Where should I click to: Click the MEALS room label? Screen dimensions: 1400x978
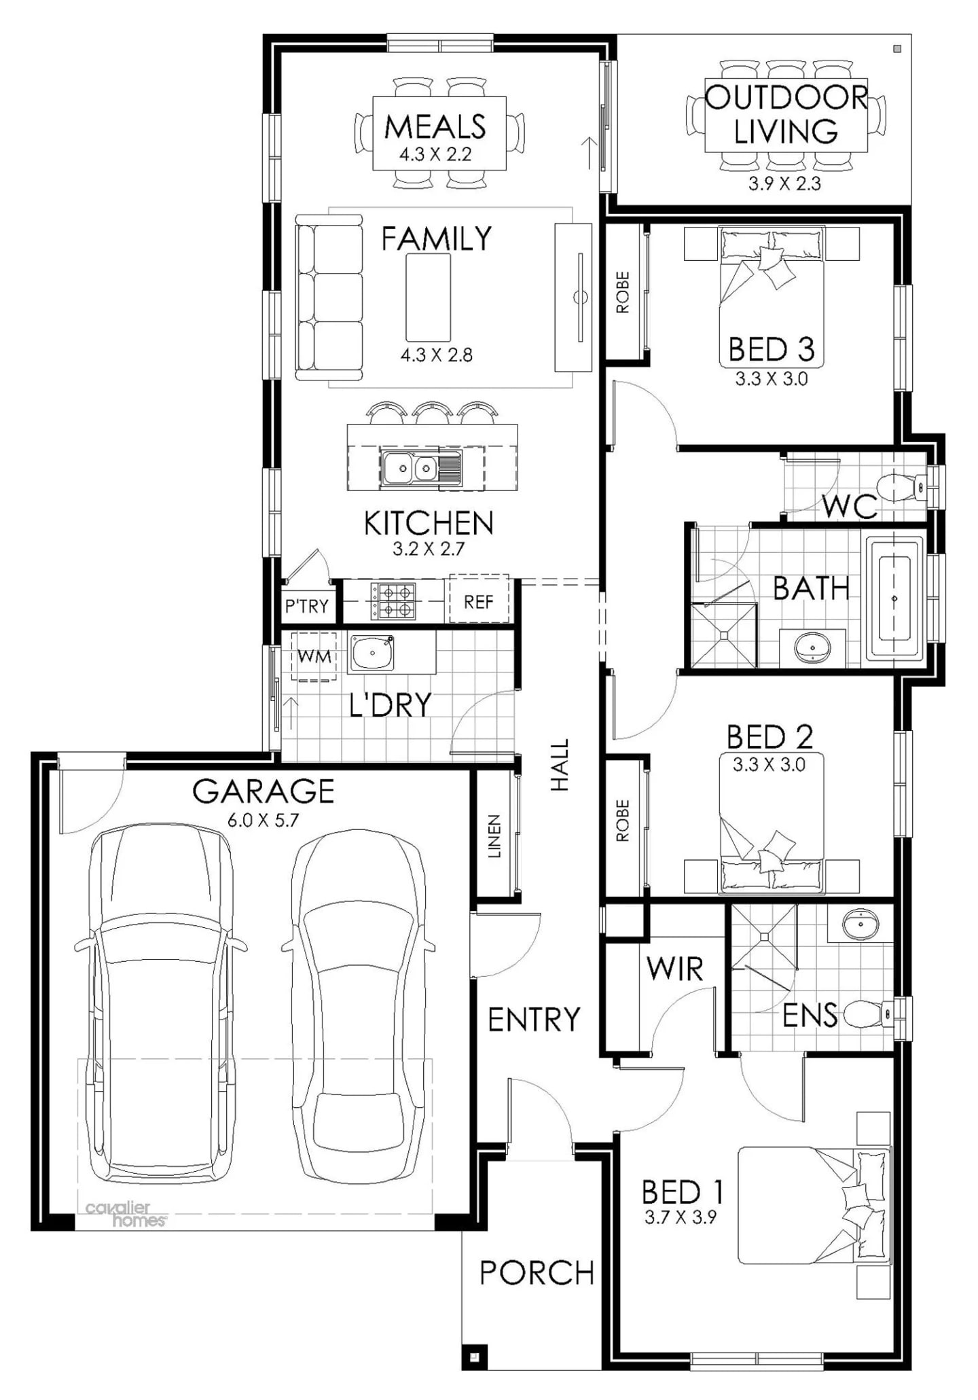435,126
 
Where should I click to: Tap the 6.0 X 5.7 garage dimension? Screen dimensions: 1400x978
263,820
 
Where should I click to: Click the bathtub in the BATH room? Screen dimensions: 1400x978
894,598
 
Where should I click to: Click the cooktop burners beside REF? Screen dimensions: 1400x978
393,601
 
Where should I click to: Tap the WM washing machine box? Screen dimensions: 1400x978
314,656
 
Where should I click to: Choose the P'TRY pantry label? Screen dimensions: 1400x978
306,605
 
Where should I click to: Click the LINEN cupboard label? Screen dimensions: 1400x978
494,836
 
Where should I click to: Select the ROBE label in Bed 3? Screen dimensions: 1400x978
622,293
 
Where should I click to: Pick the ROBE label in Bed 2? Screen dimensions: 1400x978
622,821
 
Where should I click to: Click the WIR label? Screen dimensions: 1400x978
674,969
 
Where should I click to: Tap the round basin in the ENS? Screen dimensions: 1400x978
861,925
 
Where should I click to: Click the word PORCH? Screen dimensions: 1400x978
537,1272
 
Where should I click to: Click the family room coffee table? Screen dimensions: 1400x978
428,298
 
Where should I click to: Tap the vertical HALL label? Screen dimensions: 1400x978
560,765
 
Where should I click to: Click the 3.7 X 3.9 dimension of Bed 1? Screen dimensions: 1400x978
681,1217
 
